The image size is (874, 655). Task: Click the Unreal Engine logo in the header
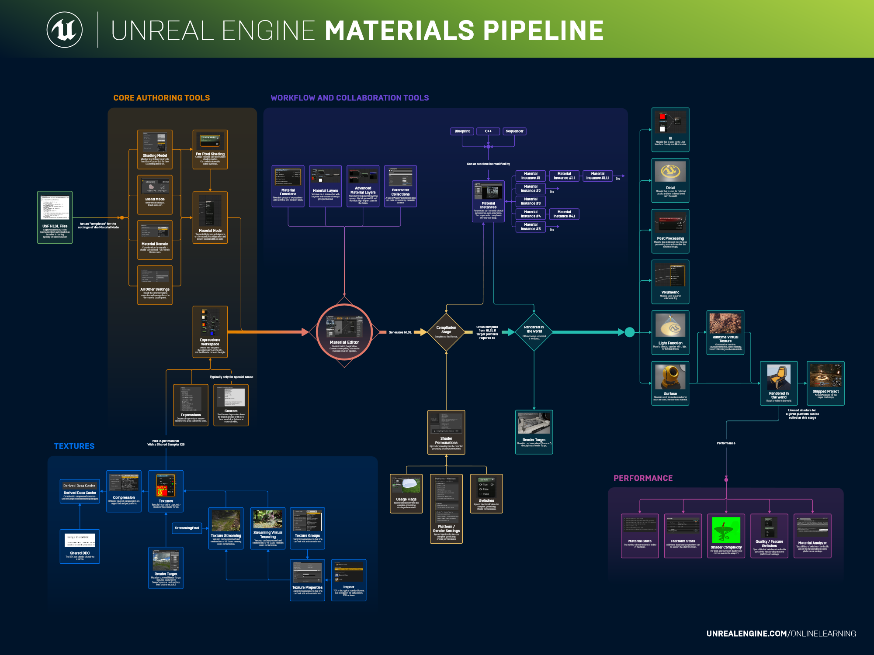pyautogui.click(x=65, y=30)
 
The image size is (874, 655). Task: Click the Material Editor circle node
pyautogui.click(x=344, y=332)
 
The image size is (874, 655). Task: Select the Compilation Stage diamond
pyautogui.click(x=446, y=332)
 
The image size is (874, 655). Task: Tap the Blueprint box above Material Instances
pyautogui.click(x=462, y=131)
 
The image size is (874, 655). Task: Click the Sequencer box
pyautogui.click(x=514, y=131)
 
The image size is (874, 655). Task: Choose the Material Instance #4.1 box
pyautogui.click(x=564, y=214)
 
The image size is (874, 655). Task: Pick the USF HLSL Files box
pyautogui.click(x=55, y=217)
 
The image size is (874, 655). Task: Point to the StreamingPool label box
pyautogui.click(x=187, y=528)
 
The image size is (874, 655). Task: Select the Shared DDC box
pyautogui.click(x=80, y=546)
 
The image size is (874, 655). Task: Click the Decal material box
pyautogui.click(x=670, y=180)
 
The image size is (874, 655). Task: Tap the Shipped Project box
pyautogui.click(x=825, y=383)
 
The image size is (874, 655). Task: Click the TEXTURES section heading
pyautogui.click(x=74, y=446)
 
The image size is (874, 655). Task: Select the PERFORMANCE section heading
pyautogui.click(x=643, y=478)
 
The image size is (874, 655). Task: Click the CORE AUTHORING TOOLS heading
pyautogui.click(x=162, y=98)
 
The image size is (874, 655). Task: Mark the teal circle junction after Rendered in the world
pyautogui.click(x=630, y=332)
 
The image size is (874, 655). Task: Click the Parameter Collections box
pyautogui.click(x=400, y=186)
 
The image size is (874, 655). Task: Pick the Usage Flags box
pyautogui.click(x=406, y=493)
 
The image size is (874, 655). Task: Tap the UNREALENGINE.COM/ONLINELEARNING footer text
pyautogui.click(x=781, y=633)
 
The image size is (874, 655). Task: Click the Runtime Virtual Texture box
pyautogui.click(x=725, y=332)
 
